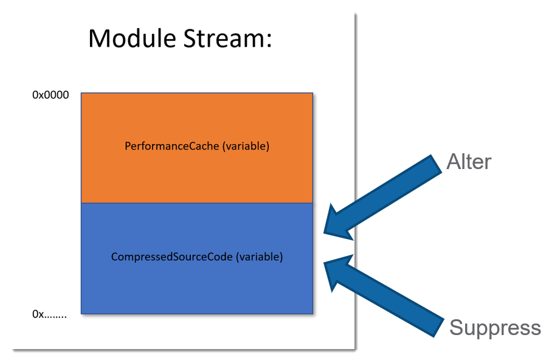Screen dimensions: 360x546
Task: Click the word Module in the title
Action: [128, 38]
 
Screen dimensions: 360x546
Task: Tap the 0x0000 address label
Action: [50, 95]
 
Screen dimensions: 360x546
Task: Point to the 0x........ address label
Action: [49, 314]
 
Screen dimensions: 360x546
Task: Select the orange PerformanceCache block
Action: [196, 122]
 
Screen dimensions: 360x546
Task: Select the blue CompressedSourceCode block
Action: [196, 286]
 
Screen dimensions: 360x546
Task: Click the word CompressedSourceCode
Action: [172, 257]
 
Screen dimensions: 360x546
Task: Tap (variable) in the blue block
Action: [260, 257]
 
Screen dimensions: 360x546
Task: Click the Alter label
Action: [468, 162]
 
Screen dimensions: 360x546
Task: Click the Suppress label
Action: [494, 328]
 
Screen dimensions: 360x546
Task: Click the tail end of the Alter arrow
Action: [433, 167]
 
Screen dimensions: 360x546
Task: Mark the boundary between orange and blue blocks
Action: [196, 202]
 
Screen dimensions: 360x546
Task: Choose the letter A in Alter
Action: [452, 162]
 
